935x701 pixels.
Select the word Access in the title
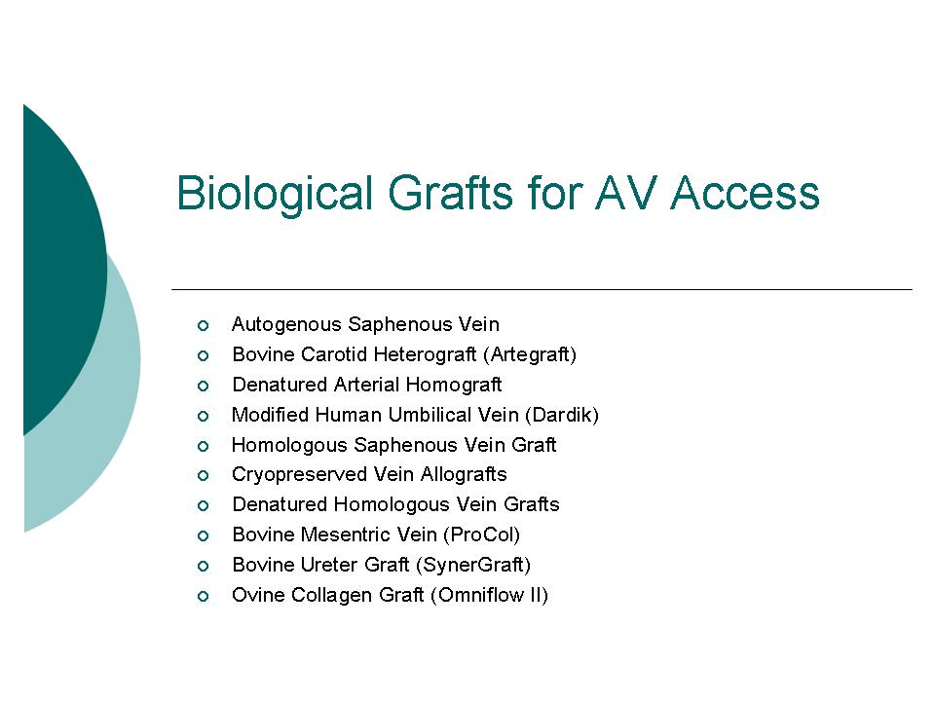745,193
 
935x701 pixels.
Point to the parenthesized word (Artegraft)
530,355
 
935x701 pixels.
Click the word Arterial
367,385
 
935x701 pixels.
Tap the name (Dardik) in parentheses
562,415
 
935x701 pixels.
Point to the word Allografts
464,474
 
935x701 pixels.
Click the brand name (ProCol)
482,535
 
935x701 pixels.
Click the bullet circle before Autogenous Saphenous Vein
203,325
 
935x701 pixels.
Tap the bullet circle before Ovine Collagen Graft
203,596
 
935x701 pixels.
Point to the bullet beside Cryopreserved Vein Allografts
203,476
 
